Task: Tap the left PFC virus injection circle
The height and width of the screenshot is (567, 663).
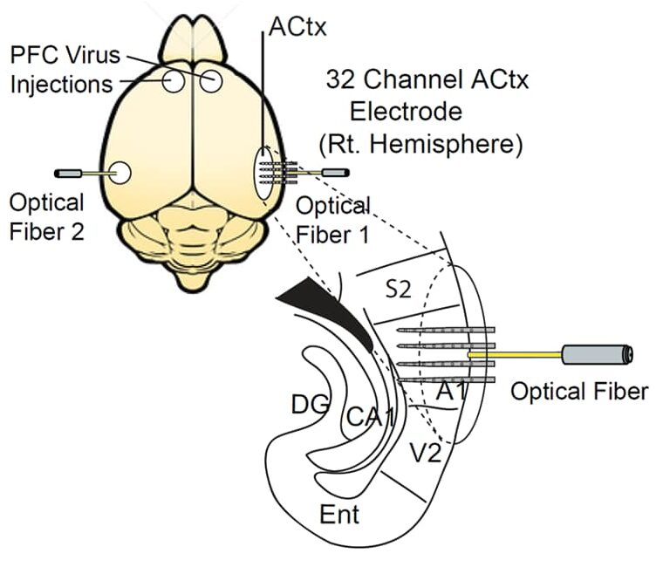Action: [x=173, y=82]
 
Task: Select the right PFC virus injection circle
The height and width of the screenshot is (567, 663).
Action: [x=212, y=82]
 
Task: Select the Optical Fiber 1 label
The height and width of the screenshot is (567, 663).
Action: [x=332, y=221]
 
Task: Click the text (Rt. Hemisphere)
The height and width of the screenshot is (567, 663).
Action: [x=421, y=144]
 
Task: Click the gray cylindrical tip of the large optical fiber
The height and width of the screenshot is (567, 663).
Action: [x=598, y=354]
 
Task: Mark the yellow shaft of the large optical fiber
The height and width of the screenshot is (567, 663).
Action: [x=515, y=355]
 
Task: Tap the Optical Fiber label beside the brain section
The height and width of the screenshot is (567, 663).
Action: [x=579, y=391]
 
